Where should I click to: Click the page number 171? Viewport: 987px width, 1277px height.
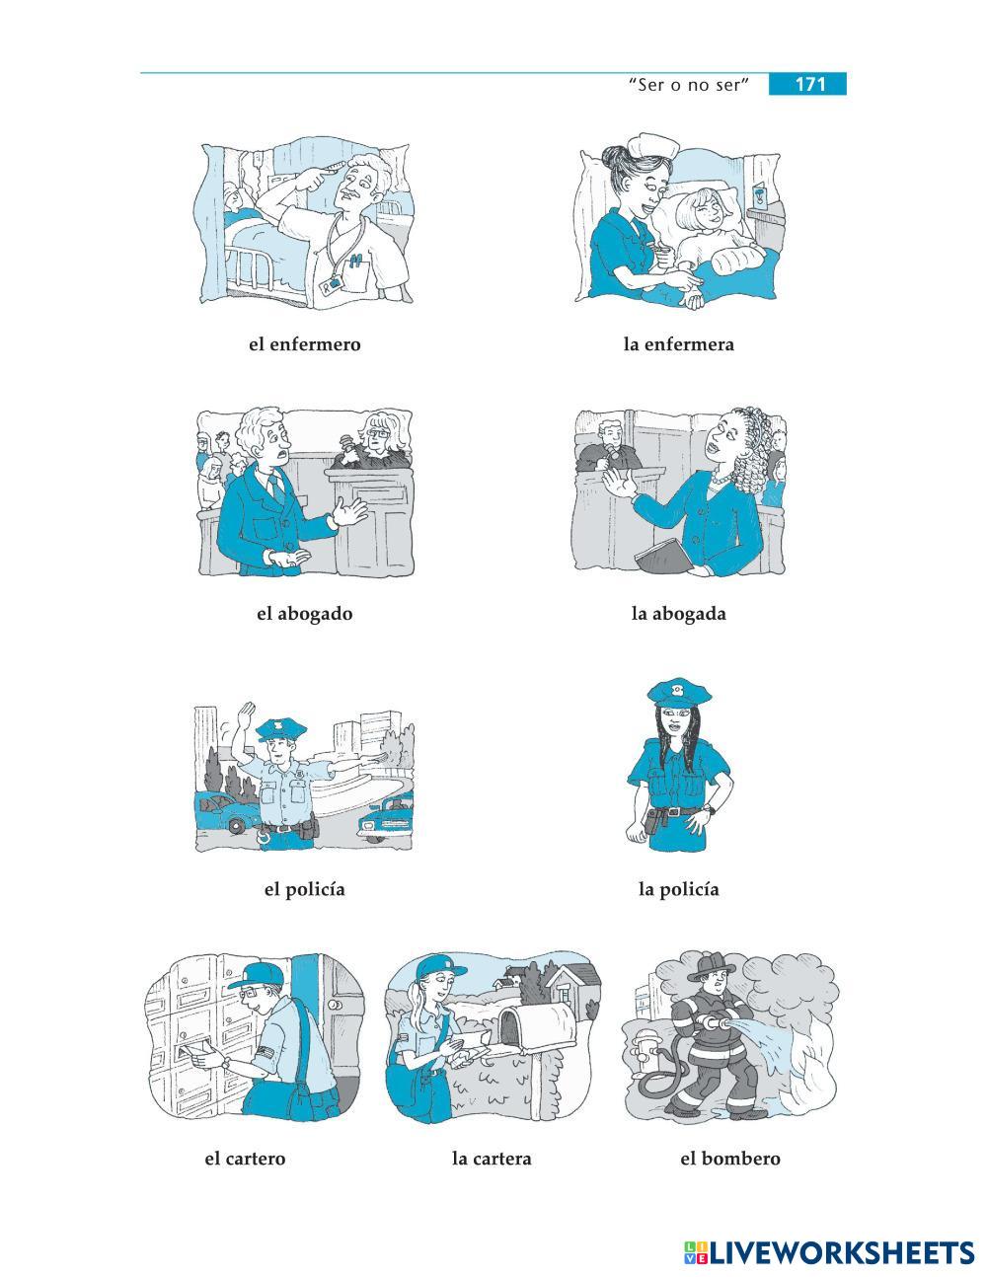pyautogui.click(x=810, y=84)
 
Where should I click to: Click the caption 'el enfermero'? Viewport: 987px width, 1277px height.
pyautogui.click(x=304, y=343)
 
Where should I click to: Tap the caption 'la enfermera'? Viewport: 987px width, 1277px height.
pyautogui.click(x=679, y=343)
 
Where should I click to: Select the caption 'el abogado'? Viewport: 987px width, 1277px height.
pyautogui.click(x=304, y=614)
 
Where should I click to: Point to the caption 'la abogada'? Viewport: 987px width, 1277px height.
pyautogui.click(x=679, y=614)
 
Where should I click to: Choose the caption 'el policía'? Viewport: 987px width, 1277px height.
pyautogui.click(x=304, y=889)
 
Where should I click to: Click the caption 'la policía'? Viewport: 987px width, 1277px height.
pyautogui.click(x=679, y=889)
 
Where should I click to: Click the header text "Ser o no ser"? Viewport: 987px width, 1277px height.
pyautogui.click(x=689, y=85)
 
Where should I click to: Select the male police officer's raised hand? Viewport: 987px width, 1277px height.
pyautogui.click(x=247, y=715)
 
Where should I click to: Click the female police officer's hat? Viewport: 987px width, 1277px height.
pyautogui.click(x=679, y=693)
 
